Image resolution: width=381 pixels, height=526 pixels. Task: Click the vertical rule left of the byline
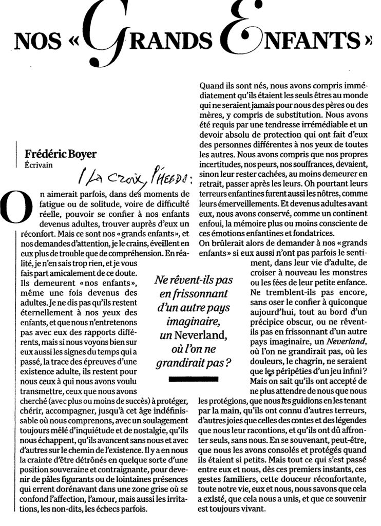point(17,155)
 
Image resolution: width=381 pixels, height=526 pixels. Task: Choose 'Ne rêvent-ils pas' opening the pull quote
point(193,281)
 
